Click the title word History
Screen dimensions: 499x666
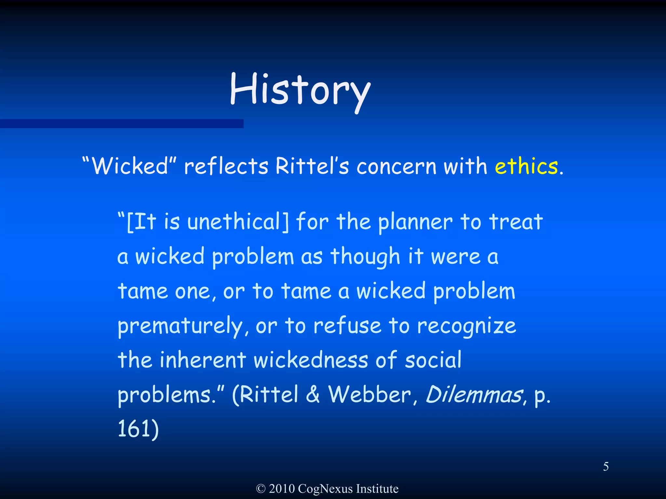[300, 90]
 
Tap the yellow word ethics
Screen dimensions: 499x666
[526, 166]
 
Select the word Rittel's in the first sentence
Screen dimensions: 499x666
[312, 166]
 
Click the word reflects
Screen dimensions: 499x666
[226, 166]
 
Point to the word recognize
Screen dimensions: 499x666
[466, 326]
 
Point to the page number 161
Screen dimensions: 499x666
[134, 429]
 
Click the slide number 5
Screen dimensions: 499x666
[606, 467]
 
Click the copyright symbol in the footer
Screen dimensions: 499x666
[261, 489]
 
